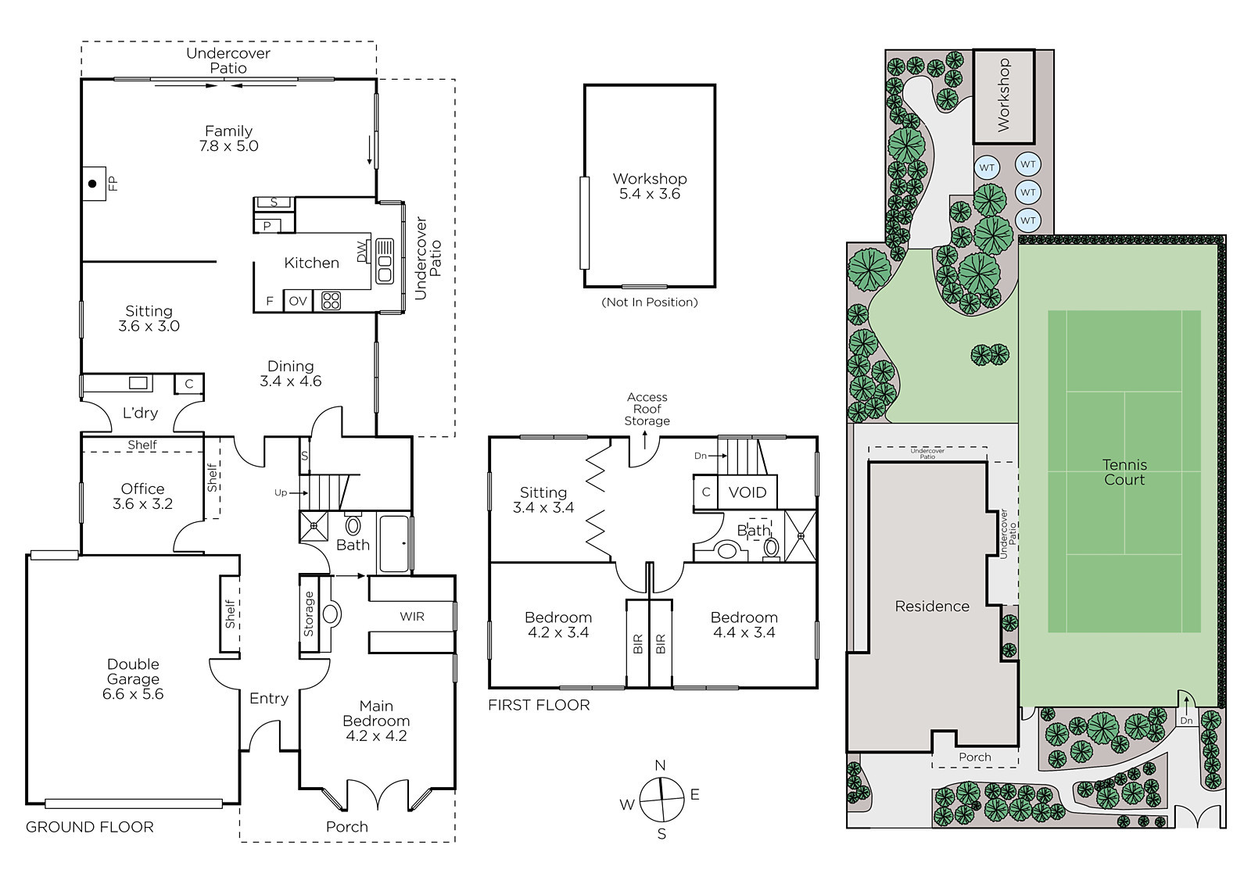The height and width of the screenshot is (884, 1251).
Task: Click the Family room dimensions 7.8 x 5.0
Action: point(229,146)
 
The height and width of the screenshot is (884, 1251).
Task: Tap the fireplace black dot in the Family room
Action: point(93,184)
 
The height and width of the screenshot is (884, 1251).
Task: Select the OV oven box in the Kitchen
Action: point(298,301)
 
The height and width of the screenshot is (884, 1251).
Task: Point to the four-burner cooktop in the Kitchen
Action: point(332,301)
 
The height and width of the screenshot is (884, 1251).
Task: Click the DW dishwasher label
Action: point(363,252)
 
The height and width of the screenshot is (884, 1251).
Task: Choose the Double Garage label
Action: point(134,672)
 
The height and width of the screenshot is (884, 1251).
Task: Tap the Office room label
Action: point(143,489)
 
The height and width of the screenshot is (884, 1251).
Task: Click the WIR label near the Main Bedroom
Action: point(412,617)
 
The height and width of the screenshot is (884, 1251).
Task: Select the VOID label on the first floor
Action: point(747,492)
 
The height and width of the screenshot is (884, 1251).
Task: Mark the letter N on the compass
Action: point(660,766)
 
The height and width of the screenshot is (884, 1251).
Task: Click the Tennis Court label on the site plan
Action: point(1124,472)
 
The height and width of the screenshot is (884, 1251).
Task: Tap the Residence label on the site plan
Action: point(932,607)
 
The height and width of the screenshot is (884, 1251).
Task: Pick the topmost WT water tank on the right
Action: point(1028,164)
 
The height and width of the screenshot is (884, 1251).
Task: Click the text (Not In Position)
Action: point(650,302)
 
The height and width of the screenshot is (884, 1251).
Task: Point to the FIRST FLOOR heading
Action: point(539,705)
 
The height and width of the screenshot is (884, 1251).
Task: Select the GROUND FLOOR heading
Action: point(89,827)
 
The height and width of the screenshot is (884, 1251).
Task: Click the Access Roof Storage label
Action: point(647,409)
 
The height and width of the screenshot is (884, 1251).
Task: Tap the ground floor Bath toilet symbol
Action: point(353,525)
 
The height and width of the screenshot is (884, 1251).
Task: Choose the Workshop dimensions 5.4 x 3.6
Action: point(650,195)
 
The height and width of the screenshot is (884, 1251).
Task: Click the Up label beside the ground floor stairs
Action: point(281,492)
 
